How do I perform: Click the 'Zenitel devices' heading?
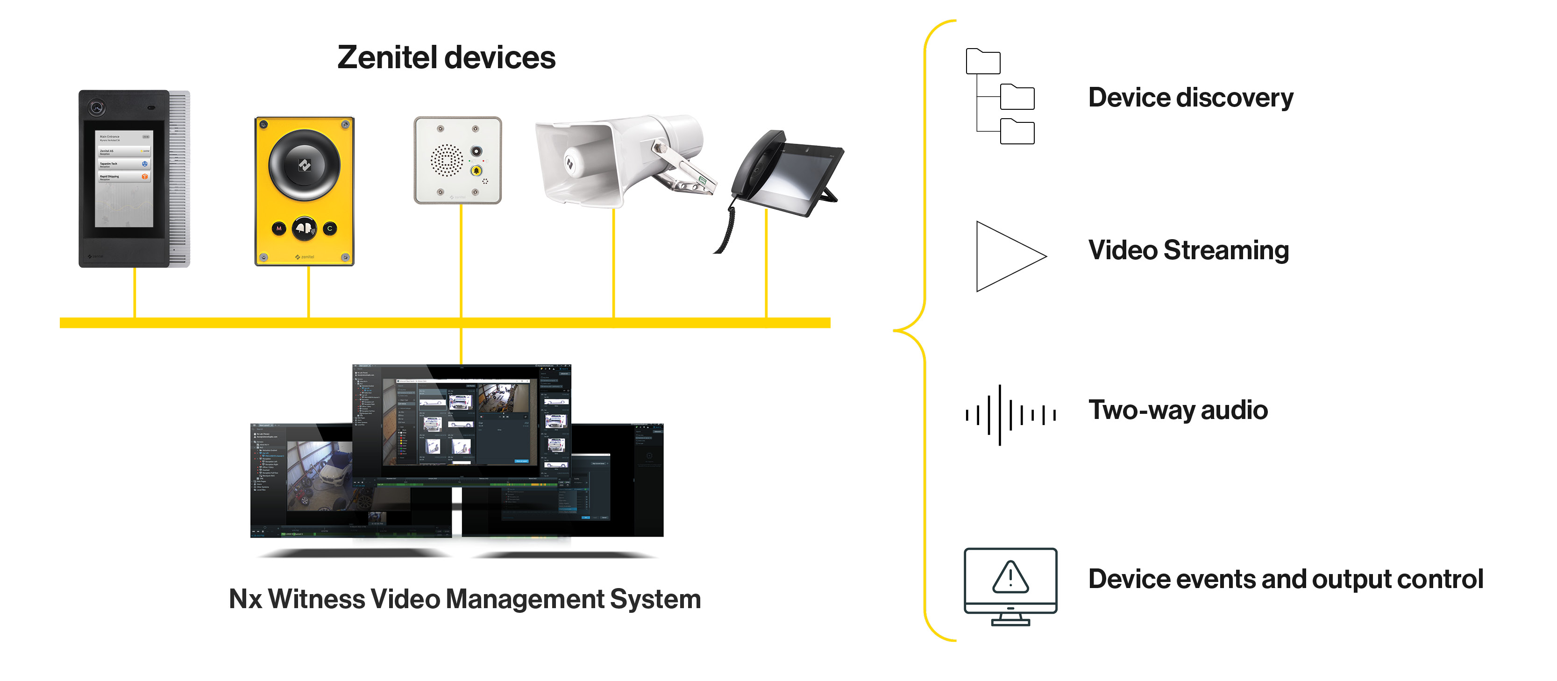coord(446,58)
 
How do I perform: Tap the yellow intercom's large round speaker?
coord(304,164)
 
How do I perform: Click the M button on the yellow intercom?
coord(278,228)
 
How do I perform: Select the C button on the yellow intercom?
coord(329,228)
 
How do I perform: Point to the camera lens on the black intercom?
coord(97,108)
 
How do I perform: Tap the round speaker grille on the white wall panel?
coord(447,160)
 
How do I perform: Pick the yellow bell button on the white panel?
coord(476,170)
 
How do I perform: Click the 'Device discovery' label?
coord(1190,98)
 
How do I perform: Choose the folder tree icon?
coord(1000,97)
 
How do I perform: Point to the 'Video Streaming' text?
coord(1188,250)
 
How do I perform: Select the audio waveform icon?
coord(1010,414)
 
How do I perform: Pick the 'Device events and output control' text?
coord(1286,579)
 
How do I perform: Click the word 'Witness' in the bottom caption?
coord(316,599)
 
